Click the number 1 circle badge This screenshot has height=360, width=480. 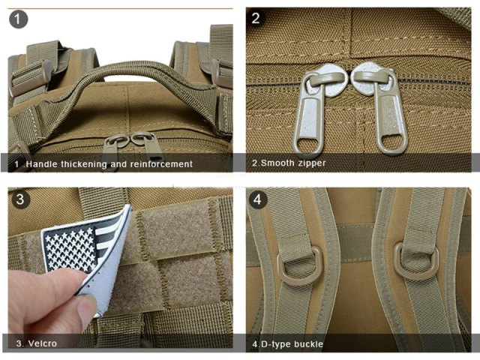click(x=18, y=19)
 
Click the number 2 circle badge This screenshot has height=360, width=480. click(x=256, y=18)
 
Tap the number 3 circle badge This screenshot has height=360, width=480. click(x=20, y=199)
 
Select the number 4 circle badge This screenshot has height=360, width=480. click(x=258, y=199)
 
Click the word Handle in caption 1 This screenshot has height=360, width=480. click(x=42, y=164)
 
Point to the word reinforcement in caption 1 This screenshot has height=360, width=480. click(x=161, y=164)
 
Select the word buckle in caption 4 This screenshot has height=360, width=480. click(x=308, y=344)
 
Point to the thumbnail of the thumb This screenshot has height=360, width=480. click(x=87, y=306)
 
